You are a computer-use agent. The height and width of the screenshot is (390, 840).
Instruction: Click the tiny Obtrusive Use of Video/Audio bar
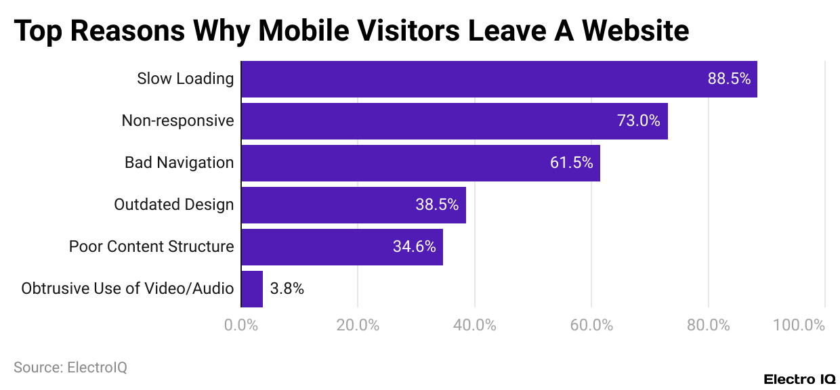252,289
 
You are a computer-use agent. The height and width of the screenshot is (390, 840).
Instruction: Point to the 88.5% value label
729,79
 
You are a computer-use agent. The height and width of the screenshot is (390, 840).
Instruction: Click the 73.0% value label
638,121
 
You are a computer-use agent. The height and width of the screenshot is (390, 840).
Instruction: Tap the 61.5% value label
571,163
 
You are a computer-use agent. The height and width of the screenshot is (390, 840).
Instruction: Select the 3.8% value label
287,289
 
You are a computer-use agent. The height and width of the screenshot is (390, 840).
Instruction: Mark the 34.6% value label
414,247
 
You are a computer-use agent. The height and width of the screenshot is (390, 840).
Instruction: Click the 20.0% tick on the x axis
358,325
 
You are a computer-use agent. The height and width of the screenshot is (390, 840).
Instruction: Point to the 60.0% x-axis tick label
591,325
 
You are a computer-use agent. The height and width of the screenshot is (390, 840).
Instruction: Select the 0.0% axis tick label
241,325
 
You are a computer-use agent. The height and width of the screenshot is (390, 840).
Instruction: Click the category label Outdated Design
173,205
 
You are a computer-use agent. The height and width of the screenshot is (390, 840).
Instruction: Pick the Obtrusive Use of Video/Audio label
127,289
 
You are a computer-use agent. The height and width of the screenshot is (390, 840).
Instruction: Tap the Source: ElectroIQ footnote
70,368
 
